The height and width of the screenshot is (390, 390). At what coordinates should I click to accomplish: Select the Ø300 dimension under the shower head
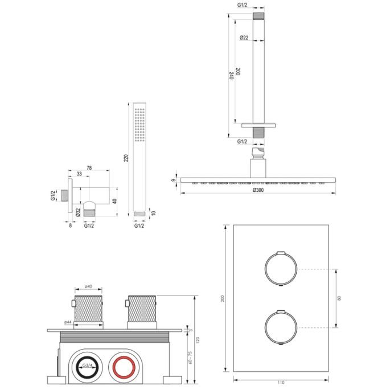coord(258,190)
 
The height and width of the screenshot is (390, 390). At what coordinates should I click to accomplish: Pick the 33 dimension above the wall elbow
coord(79,175)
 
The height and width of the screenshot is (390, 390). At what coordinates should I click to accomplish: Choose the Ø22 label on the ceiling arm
coord(244,38)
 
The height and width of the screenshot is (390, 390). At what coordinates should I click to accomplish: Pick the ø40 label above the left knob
coord(88,287)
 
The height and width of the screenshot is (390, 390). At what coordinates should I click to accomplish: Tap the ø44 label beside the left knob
coord(68,322)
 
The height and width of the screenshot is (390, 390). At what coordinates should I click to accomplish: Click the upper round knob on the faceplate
coord(280,268)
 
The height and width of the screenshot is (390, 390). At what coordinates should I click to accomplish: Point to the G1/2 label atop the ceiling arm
coord(242,5)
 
